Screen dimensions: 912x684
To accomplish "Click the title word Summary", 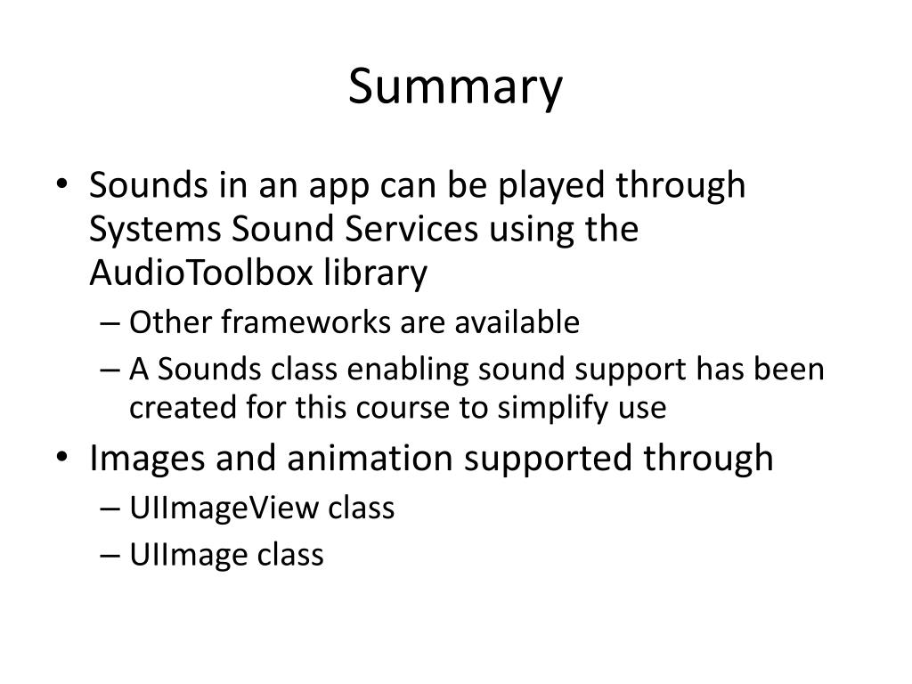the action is [455, 87].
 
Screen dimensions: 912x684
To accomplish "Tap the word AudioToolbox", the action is [201, 273].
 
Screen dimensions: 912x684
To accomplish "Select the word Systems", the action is [155, 230].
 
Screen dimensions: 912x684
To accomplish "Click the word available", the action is [517, 322].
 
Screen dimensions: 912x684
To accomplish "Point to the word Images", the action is [147, 459].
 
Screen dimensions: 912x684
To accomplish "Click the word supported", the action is [548, 460].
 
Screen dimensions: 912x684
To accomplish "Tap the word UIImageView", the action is [224, 509].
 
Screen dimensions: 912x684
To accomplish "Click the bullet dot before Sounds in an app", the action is [62, 184].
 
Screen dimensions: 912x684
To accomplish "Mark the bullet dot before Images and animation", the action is [62, 457].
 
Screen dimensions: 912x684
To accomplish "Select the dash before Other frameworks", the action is [110, 323].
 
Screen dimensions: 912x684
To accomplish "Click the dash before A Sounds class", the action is [110, 370].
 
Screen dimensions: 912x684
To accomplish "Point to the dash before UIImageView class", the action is [110, 509].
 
